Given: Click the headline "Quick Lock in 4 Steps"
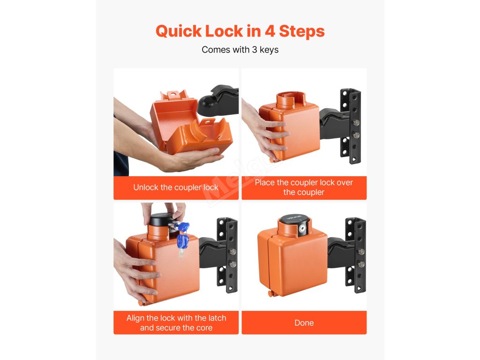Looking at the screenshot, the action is [x=240, y=31].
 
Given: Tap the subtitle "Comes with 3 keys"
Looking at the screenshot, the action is [x=240, y=50].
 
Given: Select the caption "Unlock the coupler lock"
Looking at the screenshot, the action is [x=176, y=187].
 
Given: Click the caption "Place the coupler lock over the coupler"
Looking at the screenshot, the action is [x=304, y=187].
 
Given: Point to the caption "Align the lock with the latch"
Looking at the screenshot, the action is [x=176, y=318].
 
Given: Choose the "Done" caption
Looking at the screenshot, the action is [x=304, y=322].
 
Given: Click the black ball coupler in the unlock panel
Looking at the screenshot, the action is [x=218, y=100].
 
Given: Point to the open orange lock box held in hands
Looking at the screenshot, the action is [x=190, y=122].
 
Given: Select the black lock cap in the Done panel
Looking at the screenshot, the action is [x=294, y=219].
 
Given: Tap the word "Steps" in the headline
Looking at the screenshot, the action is [x=301, y=31].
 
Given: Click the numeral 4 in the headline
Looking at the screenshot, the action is [x=270, y=31].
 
